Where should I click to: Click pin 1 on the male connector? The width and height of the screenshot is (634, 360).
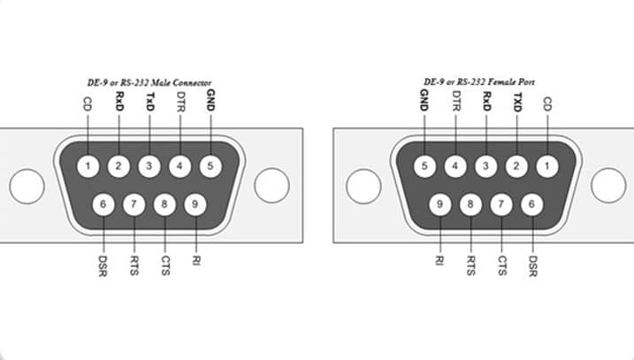88,165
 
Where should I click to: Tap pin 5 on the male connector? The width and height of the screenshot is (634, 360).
210,165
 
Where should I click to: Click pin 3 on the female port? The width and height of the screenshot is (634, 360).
485,165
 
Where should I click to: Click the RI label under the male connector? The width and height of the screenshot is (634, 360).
195,263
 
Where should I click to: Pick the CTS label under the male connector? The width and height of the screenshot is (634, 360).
165,266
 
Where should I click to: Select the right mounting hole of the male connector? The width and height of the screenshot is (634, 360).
271,185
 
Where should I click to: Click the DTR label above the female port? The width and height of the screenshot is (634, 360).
455,102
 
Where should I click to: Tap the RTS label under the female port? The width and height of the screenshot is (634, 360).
471,266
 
